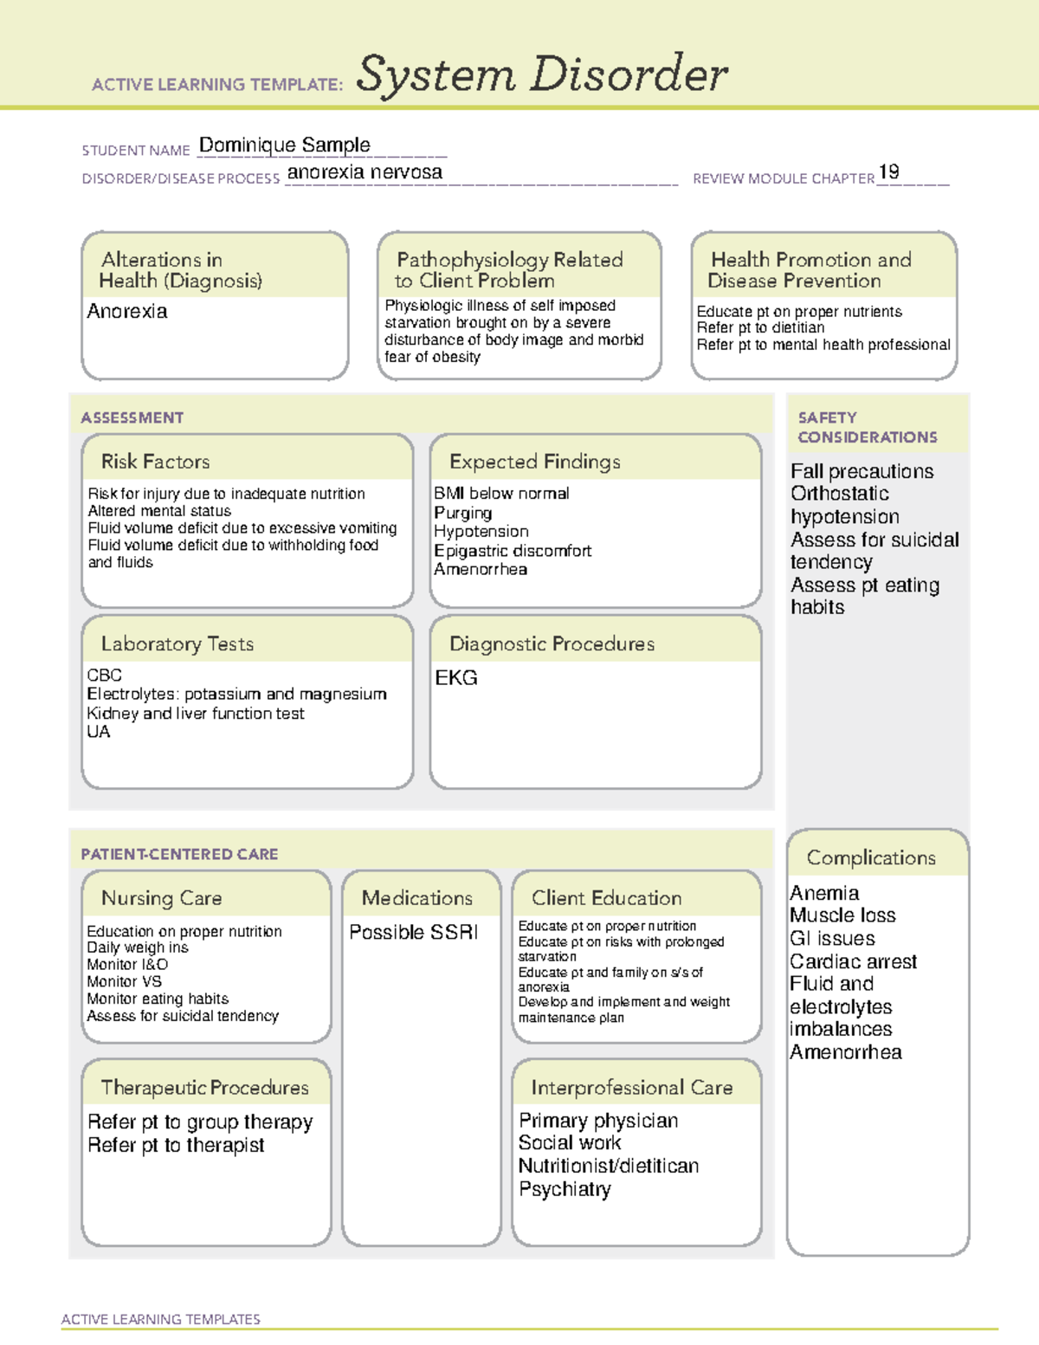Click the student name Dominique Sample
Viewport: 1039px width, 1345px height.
click(284, 145)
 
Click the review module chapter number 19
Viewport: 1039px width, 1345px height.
click(888, 171)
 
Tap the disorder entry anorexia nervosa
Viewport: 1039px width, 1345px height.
click(365, 172)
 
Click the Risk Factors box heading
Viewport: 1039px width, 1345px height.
click(155, 462)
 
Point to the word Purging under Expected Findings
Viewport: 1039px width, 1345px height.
click(462, 513)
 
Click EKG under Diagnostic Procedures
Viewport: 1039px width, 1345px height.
click(456, 678)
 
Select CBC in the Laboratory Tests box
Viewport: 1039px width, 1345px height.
click(104, 675)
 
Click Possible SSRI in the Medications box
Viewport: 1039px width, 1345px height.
click(413, 932)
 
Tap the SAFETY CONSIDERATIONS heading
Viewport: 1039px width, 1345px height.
click(867, 428)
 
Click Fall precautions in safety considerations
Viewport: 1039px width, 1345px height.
click(862, 471)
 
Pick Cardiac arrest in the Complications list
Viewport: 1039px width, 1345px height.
click(853, 961)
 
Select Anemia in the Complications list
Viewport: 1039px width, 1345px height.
click(824, 893)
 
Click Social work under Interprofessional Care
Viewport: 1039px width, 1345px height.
click(569, 1142)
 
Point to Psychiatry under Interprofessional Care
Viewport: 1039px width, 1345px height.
click(565, 1189)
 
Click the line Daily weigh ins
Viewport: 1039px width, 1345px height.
click(137, 947)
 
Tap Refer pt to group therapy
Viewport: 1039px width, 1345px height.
click(200, 1122)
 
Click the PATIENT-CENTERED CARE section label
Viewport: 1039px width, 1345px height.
click(179, 854)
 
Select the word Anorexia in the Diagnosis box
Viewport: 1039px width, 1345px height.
click(127, 311)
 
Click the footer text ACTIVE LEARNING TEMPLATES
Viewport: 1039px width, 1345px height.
click(161, 1319)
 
